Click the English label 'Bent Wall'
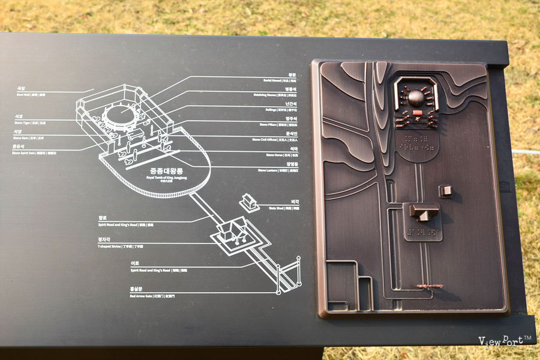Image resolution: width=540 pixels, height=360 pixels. point(24,95)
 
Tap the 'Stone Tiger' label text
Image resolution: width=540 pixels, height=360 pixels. point(24,122)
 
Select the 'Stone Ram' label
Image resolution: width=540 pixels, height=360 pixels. point(23,137)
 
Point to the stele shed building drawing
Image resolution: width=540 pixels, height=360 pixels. point(249,202)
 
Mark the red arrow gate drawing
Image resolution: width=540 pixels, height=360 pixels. point(288,275)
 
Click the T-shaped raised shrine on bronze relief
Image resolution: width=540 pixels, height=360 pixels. point(423,212)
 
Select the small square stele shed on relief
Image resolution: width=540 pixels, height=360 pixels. point(445,191)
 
